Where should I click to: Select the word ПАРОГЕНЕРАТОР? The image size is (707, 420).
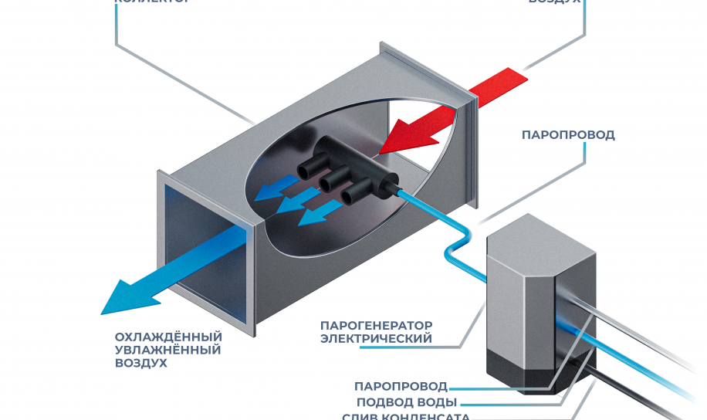[376, 325]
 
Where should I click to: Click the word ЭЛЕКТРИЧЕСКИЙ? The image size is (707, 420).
[376, 338]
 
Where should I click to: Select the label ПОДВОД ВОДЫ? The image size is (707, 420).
[406, 402]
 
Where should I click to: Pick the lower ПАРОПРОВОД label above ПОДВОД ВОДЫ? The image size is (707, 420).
[401, 386]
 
